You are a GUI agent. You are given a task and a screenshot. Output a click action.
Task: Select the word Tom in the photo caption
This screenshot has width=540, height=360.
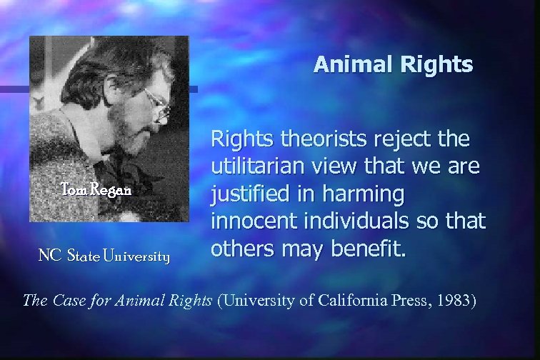tap(74, 190)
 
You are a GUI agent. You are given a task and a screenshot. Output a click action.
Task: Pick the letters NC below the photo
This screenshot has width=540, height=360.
tap(48, 256)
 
